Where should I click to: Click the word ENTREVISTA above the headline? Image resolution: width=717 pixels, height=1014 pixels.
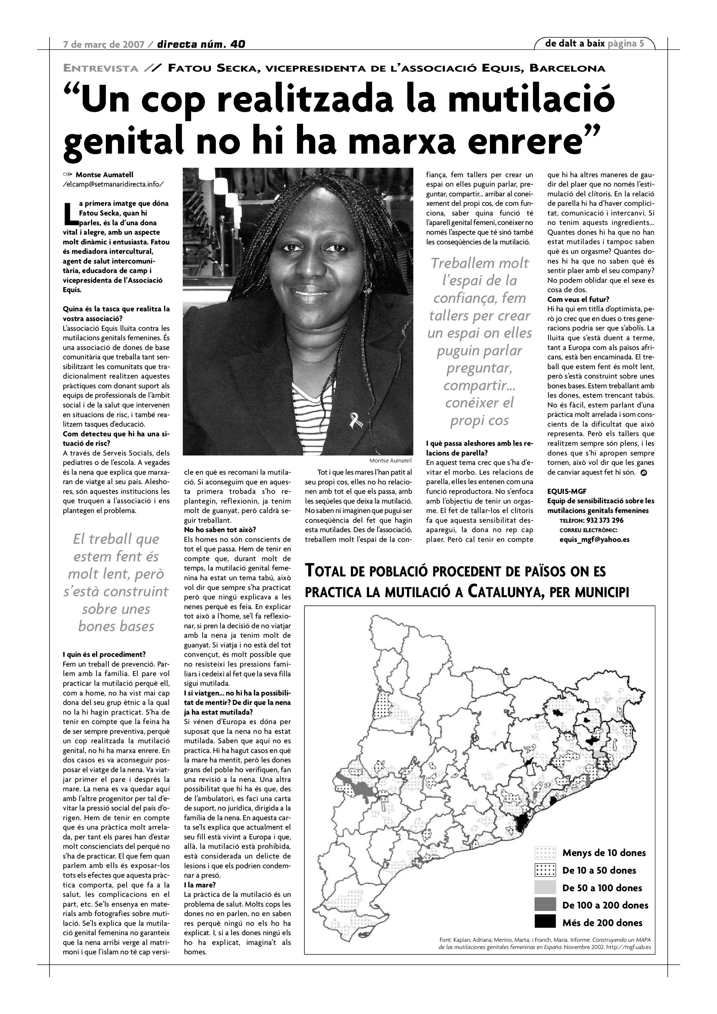[101, 68]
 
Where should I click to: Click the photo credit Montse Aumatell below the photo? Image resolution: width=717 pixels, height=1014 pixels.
[390, 460]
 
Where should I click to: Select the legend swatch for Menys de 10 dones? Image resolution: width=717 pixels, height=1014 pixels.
[545, 853]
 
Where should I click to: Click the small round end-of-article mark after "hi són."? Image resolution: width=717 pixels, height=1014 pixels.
[644, 472]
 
